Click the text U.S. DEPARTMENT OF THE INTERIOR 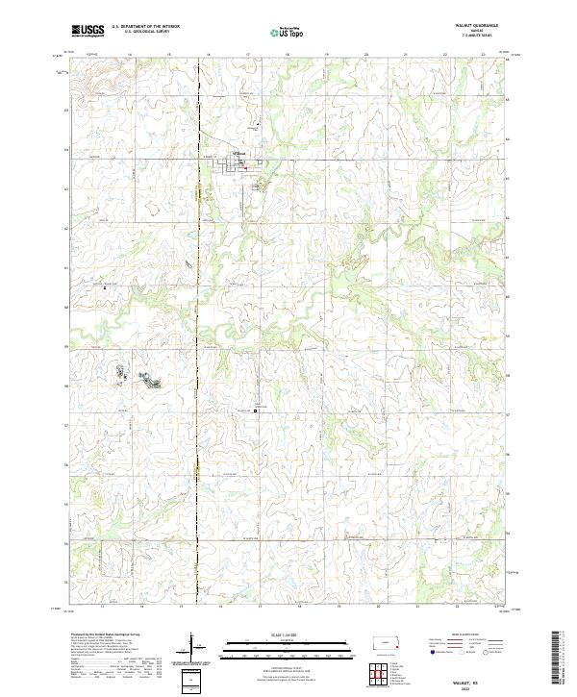[x=145, y=26]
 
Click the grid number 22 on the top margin [x=444, y=55]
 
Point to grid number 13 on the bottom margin [x=102, y=608]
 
